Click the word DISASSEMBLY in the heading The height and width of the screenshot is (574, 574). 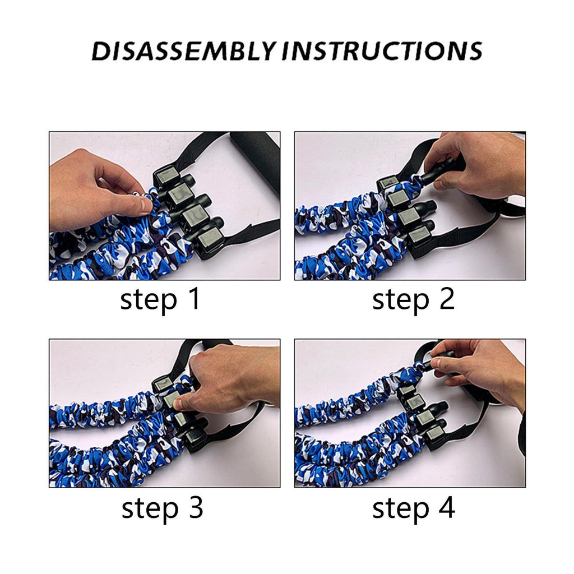(x=183, y=50)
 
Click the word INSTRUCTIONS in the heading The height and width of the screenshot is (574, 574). (x=382, y=50)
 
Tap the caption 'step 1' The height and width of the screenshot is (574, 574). (x=160, y=300)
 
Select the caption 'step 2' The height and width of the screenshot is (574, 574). (x=413, y=300)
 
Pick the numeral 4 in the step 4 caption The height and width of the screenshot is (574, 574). (x=447, y=507)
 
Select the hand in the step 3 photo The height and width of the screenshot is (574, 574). (x=230, y=377)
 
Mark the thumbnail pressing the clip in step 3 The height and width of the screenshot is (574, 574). (x=178, y=404)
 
